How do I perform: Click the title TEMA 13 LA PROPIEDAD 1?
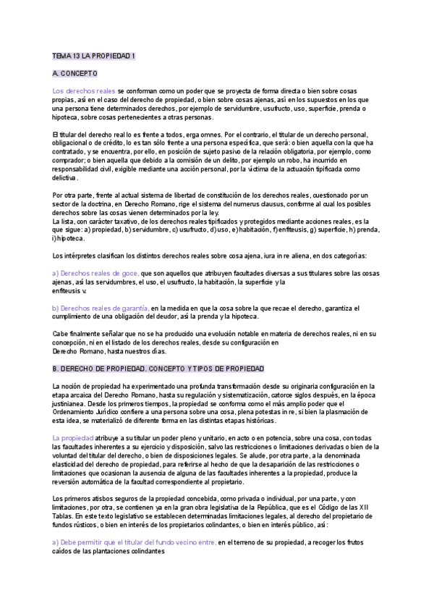[x=94, y=55]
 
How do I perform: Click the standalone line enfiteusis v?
[x=69, y=290]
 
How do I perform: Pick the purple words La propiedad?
[x=73, y=438]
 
